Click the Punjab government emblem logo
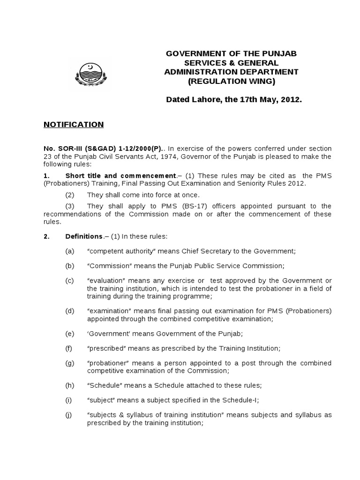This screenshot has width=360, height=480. coord(88,73)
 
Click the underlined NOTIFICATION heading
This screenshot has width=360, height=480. coord(74,125)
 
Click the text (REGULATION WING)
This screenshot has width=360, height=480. coord(231,82)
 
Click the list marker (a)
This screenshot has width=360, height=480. coord(70,251)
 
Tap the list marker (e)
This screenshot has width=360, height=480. coord(70,334)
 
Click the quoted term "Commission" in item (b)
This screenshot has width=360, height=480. coord(110,266)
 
